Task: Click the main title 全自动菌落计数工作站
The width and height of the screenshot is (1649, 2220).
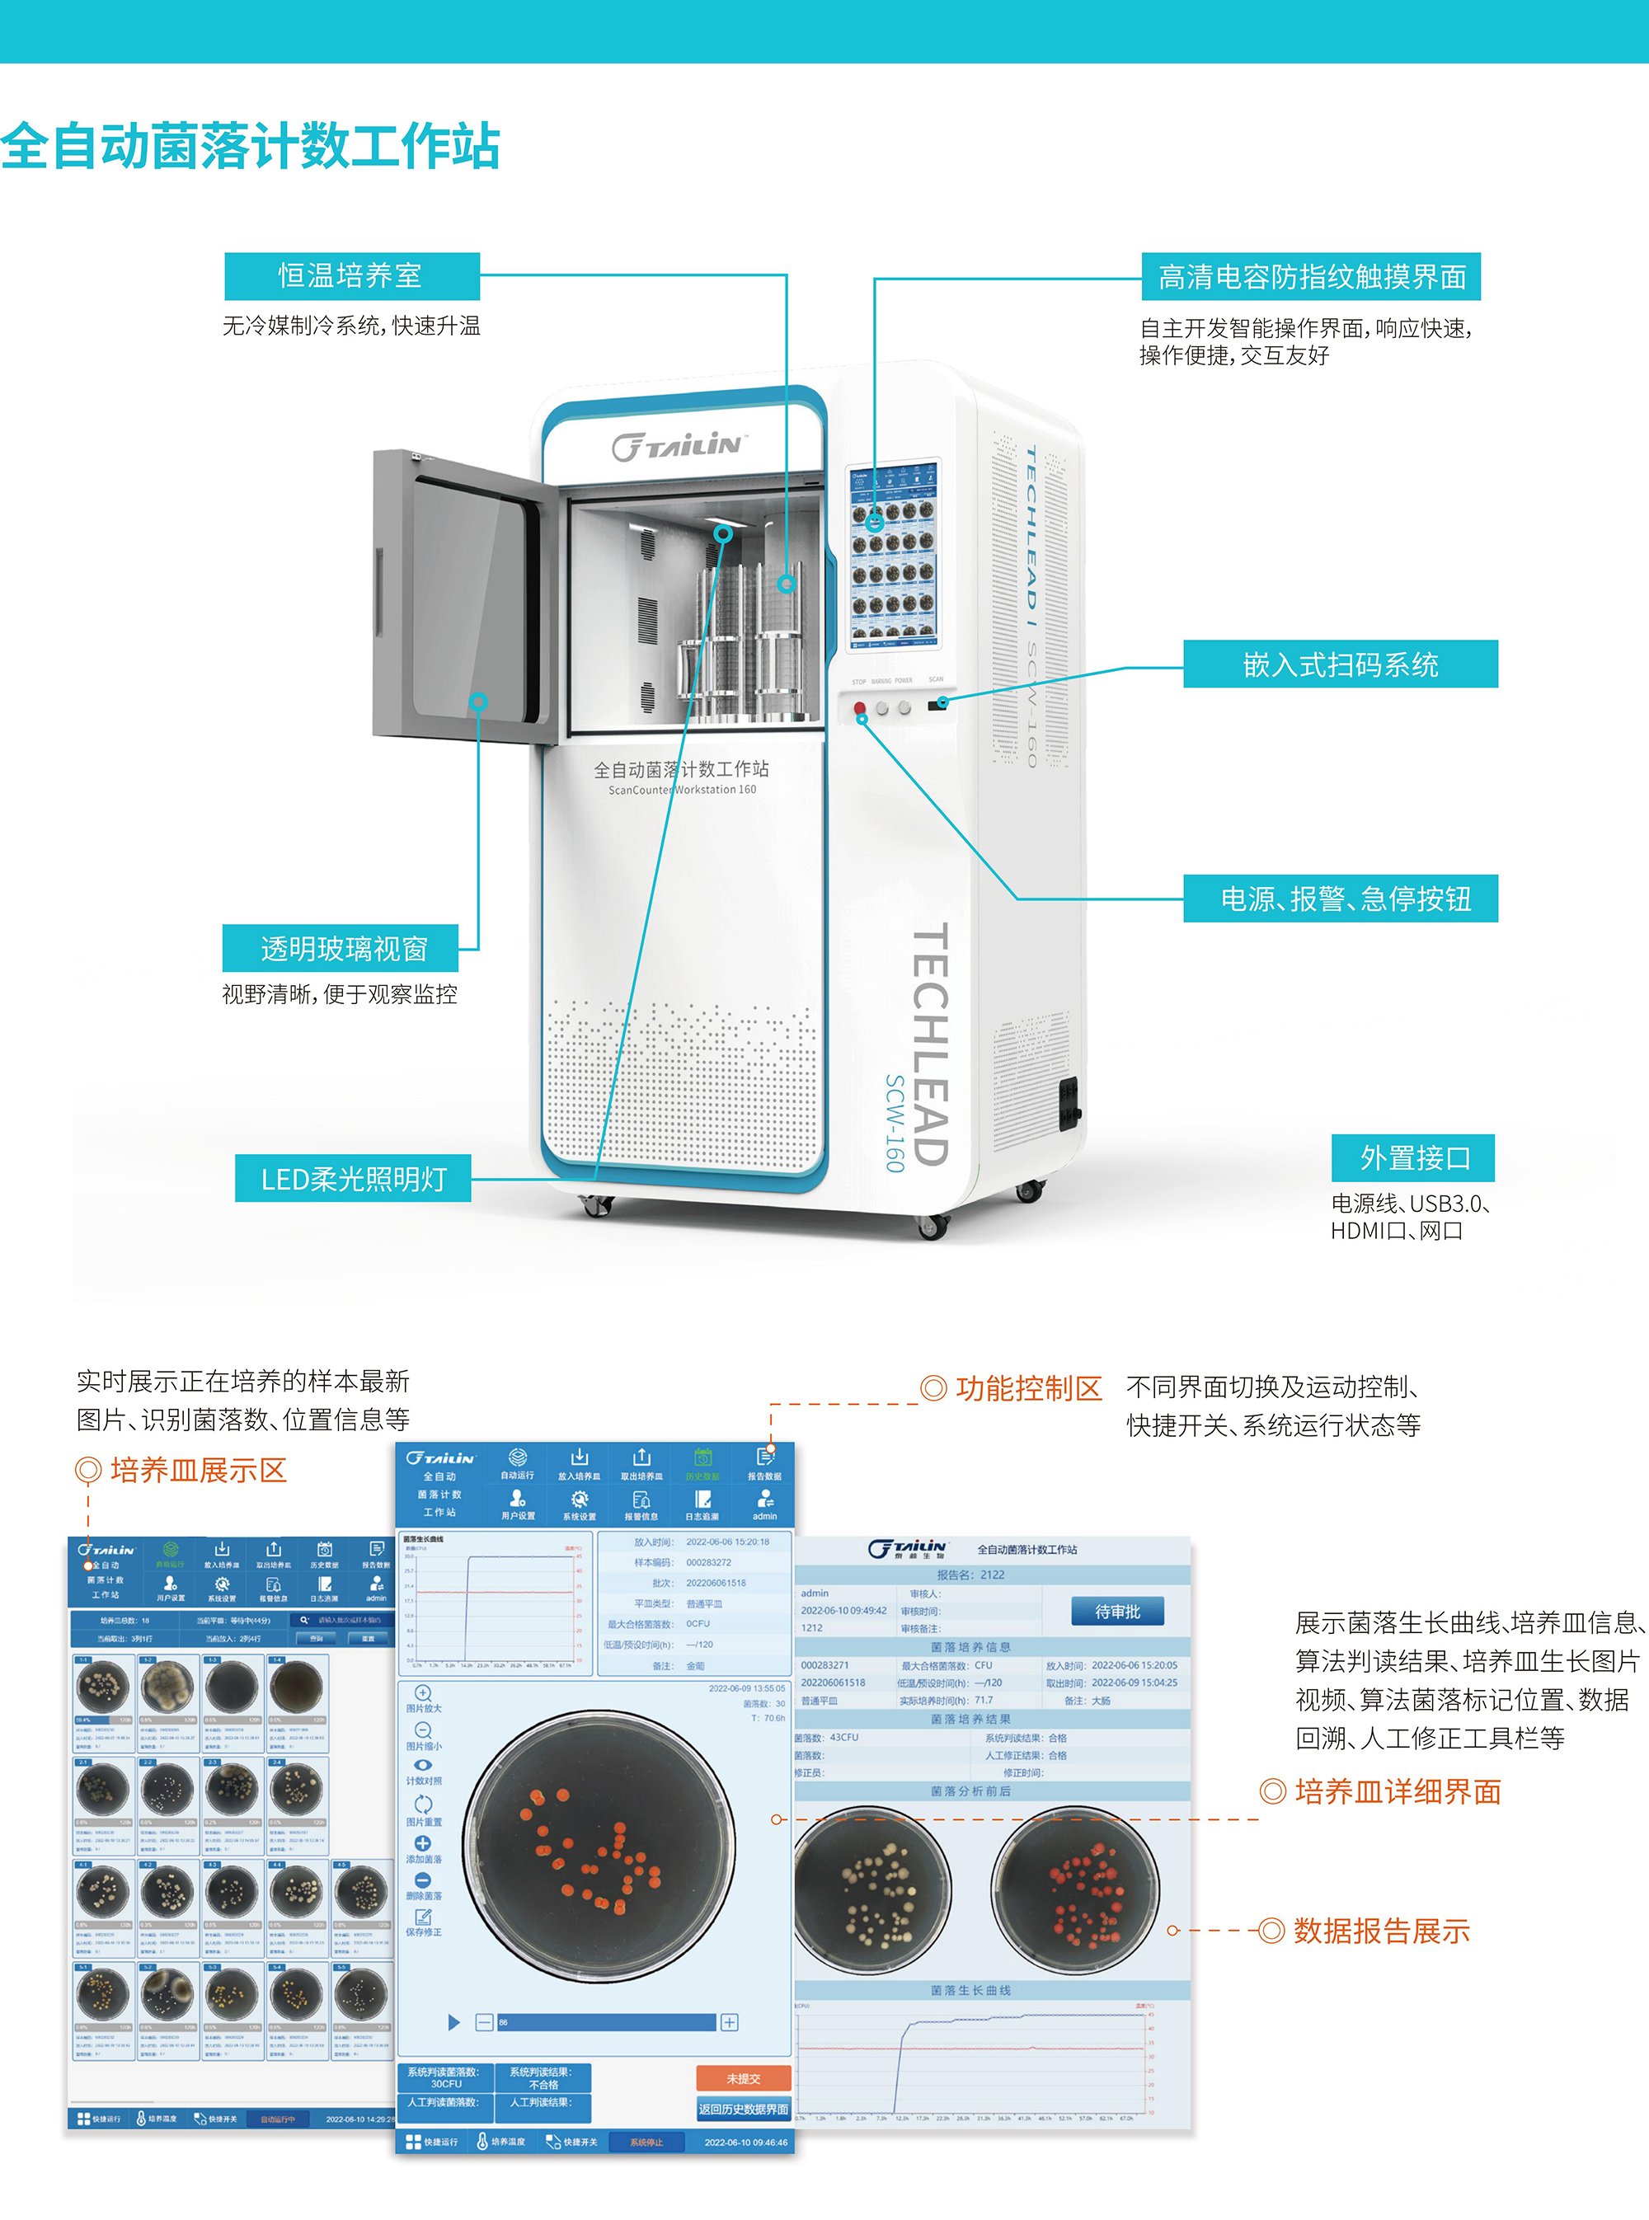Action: coord(250,146)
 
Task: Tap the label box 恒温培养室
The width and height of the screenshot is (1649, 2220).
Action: coord(351,276)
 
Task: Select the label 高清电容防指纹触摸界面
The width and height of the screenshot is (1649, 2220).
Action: coord(1311,276)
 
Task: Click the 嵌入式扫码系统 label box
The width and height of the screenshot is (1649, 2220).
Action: coord(1340,664)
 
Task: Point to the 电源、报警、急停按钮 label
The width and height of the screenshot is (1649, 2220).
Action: coord(1340,899)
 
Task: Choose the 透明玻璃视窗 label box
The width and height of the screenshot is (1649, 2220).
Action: coord(341,948)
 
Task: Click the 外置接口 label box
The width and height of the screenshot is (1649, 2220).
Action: coord(1413,1157)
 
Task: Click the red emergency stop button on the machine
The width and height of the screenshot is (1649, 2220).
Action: coord(859,708)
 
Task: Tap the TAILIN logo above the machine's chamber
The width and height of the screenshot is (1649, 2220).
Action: coord(679,446)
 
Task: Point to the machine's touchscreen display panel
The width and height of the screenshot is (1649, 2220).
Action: coord(894,555)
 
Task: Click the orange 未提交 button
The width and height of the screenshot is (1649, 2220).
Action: coord(743,2078)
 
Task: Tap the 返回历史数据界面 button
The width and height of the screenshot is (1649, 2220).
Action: coord(743,2108)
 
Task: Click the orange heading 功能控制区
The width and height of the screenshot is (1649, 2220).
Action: coord(1027,1388)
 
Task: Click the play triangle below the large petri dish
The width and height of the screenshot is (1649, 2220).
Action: coord(454,2022)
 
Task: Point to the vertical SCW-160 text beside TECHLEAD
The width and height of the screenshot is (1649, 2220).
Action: coord(895,1123)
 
